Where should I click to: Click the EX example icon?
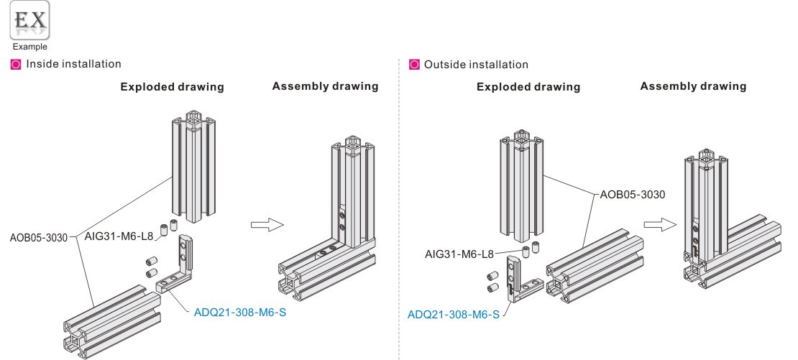click(29, 22)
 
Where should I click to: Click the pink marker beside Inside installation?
click(16, 65)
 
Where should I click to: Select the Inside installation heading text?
click(74, 65)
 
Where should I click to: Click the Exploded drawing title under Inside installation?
click(172, 87)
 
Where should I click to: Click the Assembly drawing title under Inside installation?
click(325, 86)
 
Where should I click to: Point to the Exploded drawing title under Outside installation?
click(528, 87)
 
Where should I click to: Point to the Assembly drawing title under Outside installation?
click(693, 86)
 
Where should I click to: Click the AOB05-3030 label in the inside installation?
click(41, 237)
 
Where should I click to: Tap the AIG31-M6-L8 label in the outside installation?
click(459, 254)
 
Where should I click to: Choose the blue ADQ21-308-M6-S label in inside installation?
click(240, 313)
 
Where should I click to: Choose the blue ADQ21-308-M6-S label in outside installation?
click(454, 314)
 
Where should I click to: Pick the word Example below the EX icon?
click(29, 47)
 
